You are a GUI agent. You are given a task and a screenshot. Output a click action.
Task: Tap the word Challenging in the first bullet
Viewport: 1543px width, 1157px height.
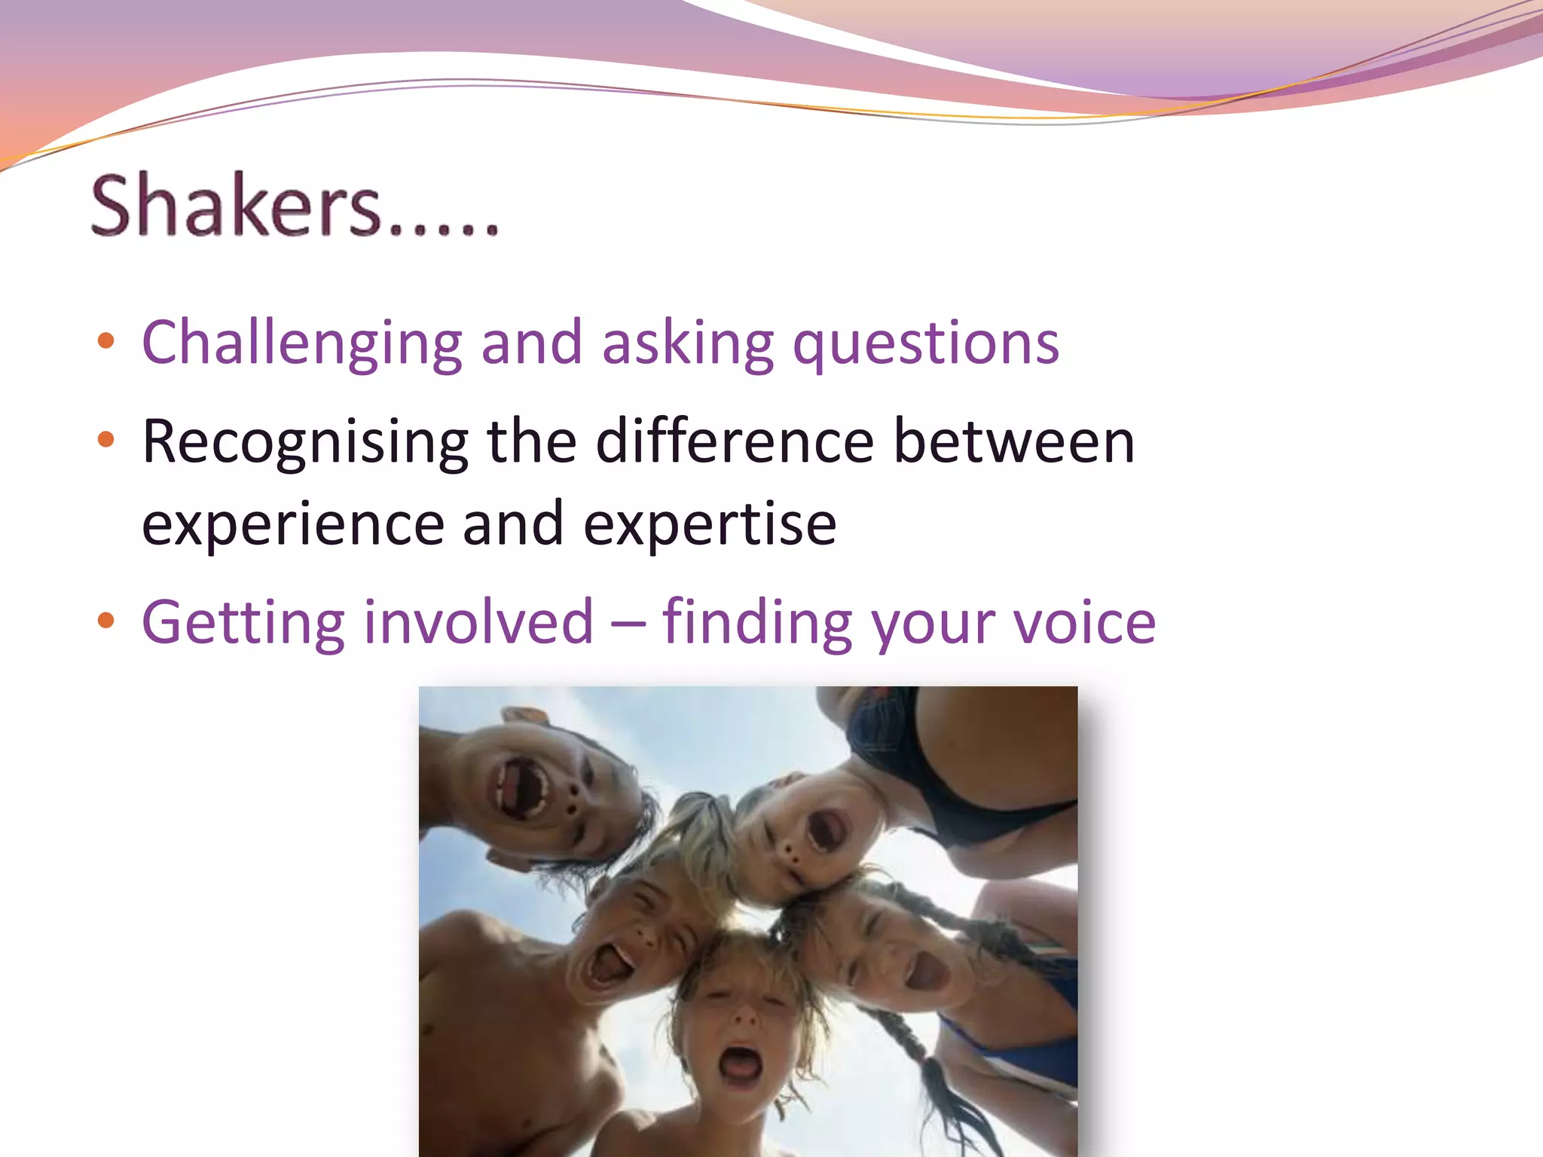click(x=301, y=344)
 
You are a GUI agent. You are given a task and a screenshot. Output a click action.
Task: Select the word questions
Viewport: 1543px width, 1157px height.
click(x=926, y=344)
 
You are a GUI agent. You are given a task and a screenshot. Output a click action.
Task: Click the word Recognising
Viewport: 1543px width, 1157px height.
click(x=305, y=443)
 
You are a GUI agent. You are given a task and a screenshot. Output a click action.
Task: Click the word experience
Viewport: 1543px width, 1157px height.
click(x=293, y=524)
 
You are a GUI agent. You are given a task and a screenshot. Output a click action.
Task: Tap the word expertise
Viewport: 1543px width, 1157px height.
click(x=710, y=524)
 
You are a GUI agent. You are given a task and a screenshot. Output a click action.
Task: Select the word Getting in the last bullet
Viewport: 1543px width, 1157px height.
click(x=243, y=624)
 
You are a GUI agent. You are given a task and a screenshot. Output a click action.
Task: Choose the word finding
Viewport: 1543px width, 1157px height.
click(x=757, y=624)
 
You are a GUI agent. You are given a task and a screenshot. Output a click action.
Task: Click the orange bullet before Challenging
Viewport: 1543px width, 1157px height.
click(x=106, y=341)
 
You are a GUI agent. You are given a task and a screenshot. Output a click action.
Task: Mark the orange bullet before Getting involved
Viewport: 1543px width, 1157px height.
click(x=106, y=620)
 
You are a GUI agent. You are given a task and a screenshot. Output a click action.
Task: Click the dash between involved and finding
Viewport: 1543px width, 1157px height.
click(x=628, y=624)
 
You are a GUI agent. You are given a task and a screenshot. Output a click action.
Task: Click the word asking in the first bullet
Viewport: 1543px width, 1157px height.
click(x=687, y=344)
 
